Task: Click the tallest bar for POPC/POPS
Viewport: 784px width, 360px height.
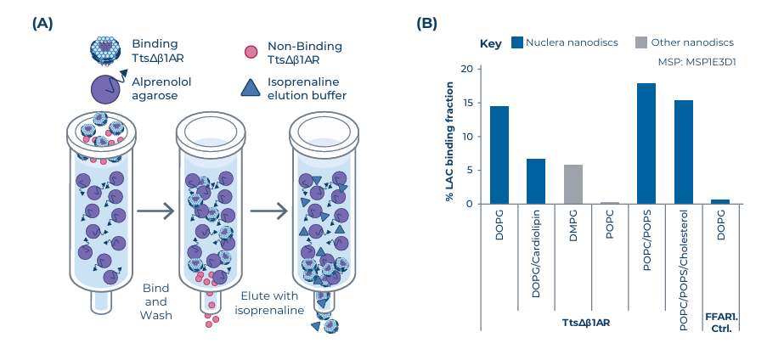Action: click(x=646, y=143)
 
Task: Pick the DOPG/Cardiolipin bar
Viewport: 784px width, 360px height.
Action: click(x=536, y=181)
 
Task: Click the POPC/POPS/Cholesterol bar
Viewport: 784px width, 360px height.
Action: click(x=684, y=152)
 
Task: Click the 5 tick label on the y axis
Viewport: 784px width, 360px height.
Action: click(x=470, y=170)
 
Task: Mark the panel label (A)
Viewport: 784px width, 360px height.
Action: click(x=42, y=23)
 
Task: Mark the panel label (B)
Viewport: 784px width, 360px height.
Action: click(x=426, y=23)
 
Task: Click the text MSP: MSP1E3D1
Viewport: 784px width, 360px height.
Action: click(x=697, y=62)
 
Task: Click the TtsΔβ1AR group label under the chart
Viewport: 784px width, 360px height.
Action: click(x=586, y=323)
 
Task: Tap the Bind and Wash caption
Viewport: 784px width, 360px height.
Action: click(x=156, y=301)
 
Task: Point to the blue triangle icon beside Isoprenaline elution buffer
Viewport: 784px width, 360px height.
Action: click(x=251, y=88)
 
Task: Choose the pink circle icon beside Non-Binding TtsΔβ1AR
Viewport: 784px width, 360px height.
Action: click(x=251, y=53)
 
